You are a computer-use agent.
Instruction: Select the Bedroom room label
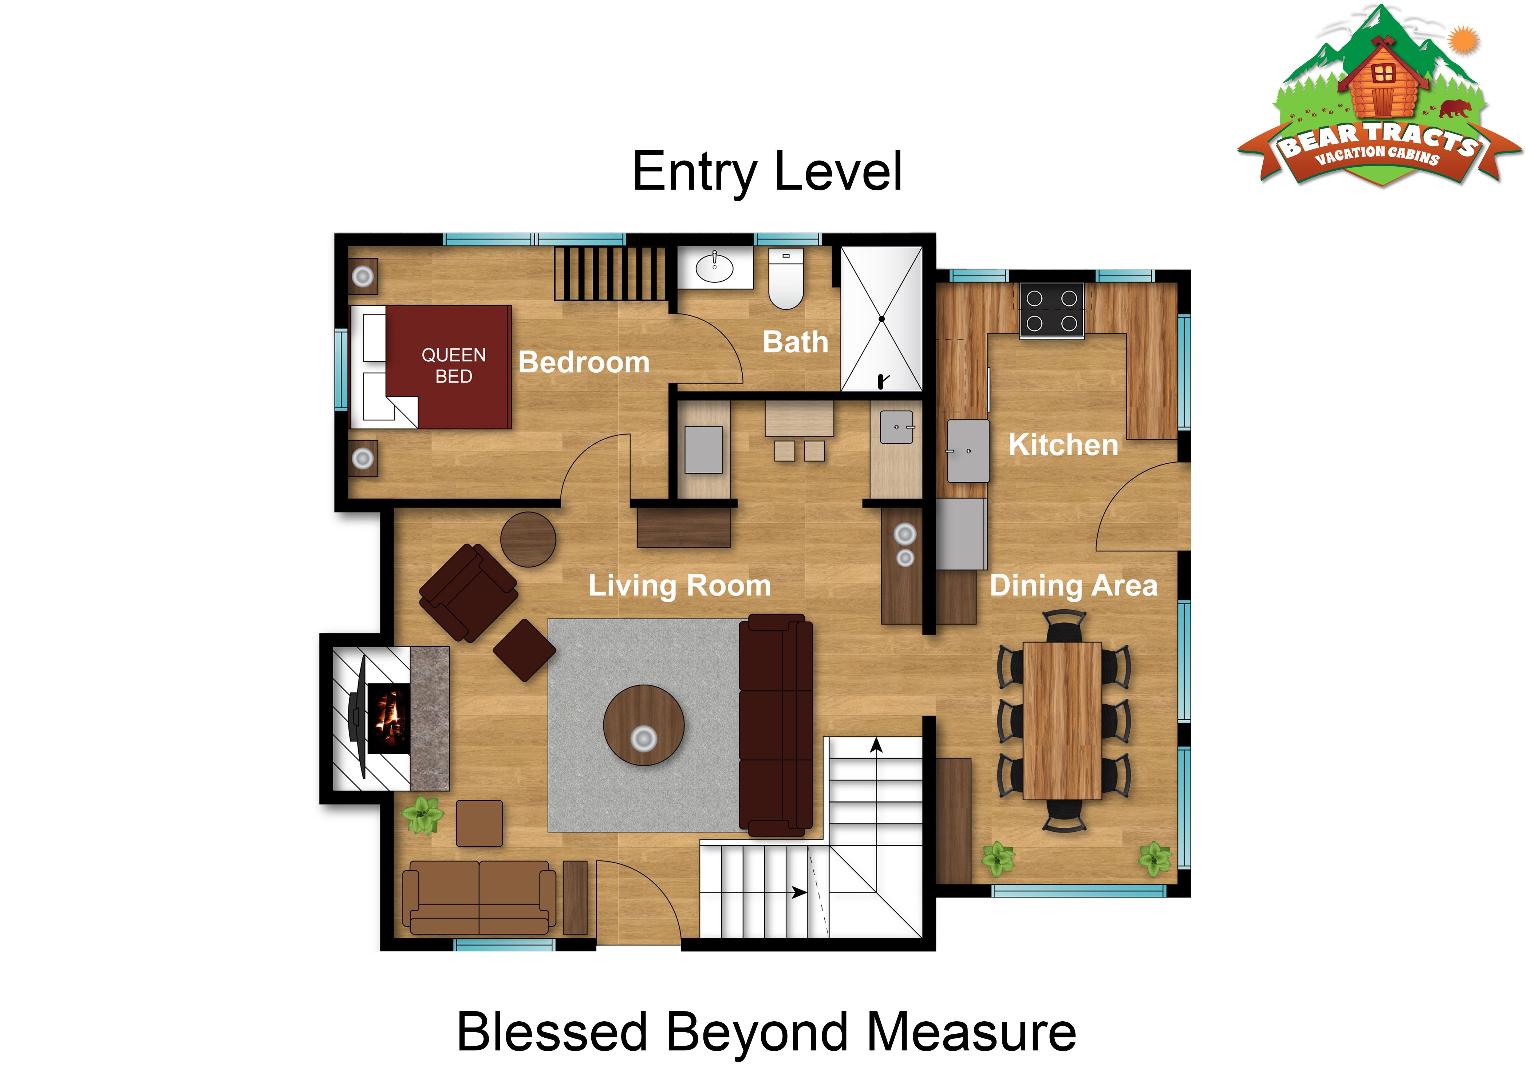point(584,363)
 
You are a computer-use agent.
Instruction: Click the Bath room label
point(796,342)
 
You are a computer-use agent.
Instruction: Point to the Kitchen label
point(1063,444)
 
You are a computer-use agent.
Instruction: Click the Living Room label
point(679,586)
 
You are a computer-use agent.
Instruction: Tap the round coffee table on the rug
point(643,725)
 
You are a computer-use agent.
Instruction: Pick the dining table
point(1062,721)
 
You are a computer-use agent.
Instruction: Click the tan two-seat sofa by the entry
point(479,897)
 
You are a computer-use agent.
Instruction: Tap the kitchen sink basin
point(968,451)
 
